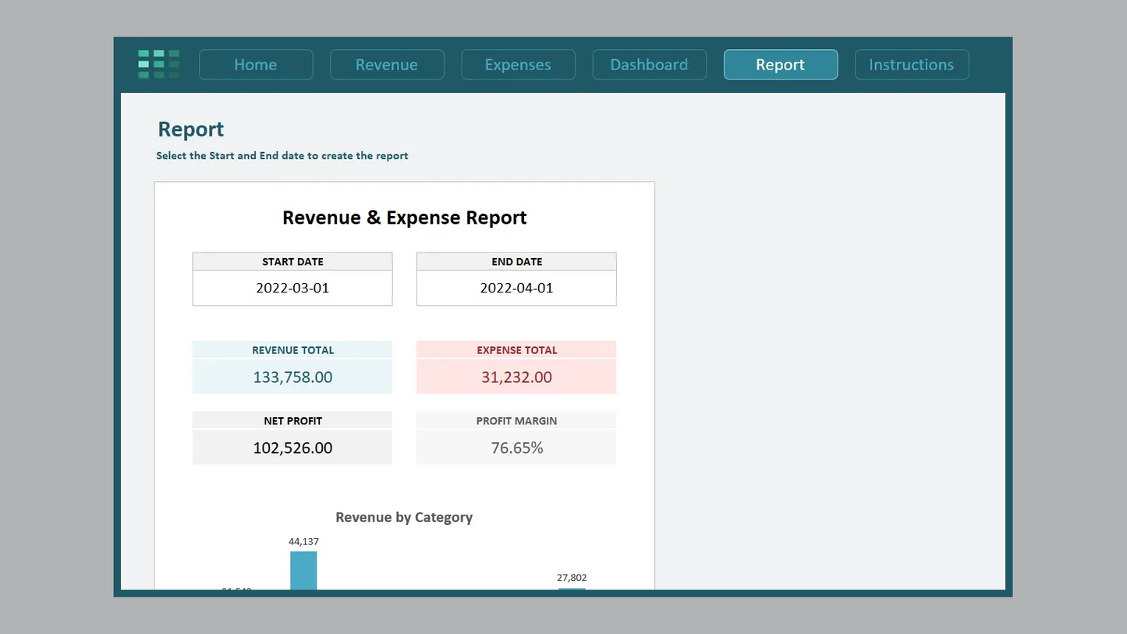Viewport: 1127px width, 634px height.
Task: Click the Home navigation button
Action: tap(256, 65)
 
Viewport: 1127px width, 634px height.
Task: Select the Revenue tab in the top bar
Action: tap(387, 65)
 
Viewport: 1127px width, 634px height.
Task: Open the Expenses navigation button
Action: tap(518, 65)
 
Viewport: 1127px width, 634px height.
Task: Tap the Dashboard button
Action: tap(649, 65)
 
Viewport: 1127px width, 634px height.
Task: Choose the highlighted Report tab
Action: tap(780, 65)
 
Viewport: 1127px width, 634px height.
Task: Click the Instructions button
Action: tap(911, 65)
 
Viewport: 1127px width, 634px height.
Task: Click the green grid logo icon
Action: tap(158, 64)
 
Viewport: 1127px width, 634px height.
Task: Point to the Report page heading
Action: tap(190, 129)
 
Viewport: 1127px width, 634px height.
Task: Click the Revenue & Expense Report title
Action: tap(404, 218)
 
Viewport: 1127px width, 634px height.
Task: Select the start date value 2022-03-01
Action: tap(292, 288)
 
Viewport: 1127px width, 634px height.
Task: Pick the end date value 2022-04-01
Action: tap(516, 288)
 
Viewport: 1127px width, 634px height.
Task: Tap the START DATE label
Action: tap(292, 262)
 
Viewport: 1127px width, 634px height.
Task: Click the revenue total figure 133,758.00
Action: tap(292, 377)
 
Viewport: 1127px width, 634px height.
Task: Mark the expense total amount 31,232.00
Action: tap(516, 377)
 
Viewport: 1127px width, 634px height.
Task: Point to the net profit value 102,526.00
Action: tap(292, 448)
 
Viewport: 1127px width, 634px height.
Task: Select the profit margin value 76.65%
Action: tap(516, 448)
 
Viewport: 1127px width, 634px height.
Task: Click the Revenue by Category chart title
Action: tap(404, 517)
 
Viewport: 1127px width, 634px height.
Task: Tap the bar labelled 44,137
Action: tap(303, 570)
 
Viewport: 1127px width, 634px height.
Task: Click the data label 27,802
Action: tap(572, 578)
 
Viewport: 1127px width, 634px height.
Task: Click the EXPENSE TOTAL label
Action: tap(516, 350)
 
